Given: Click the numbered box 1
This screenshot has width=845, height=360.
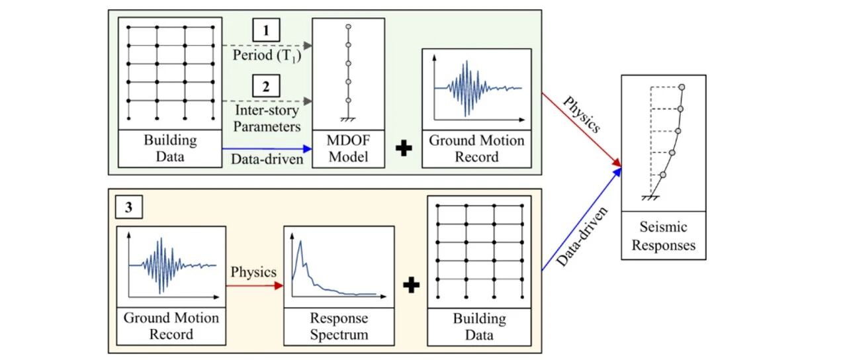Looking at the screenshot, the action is [266, 30].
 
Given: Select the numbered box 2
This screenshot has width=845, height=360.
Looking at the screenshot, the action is [266, 86].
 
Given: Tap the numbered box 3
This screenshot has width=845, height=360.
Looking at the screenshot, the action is [128, 206].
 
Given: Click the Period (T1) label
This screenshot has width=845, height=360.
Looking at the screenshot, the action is [267, 56].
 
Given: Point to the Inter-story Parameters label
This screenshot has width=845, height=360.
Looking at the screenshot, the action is [267, 118].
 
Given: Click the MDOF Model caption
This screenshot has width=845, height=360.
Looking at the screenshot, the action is [348, 148].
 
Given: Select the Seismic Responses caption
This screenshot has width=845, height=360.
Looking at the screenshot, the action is [664, 236].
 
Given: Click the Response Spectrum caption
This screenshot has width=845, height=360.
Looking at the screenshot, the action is [339, 326].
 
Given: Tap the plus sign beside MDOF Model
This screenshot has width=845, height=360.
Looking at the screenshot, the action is [404, 148].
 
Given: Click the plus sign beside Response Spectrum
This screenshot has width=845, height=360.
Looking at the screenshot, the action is [411, 285].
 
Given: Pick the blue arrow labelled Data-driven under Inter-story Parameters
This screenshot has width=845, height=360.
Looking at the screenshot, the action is [267, 149].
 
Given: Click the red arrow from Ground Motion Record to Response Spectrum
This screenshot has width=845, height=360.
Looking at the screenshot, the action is [255, 286].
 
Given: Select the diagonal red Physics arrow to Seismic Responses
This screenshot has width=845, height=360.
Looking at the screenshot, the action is [582, 130].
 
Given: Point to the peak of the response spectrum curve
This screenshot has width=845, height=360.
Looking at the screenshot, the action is [300, 241].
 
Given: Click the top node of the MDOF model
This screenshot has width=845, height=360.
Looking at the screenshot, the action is [348, 26].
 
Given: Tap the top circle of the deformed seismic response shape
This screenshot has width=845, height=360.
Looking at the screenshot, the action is [682, 87].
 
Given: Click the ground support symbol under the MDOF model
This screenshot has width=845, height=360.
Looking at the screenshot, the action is [348, 120].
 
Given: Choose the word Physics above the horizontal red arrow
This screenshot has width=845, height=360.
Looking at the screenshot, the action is [253, 272].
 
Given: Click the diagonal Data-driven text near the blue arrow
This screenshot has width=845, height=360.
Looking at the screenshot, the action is [582, 237].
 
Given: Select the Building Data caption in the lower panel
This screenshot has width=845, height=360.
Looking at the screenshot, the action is [479, 326].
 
